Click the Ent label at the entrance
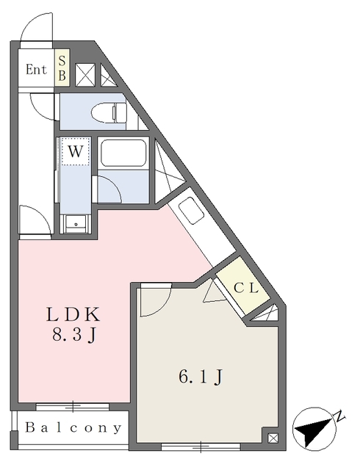(x=36, y=70)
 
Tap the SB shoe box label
(x=62, y=68)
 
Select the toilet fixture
(x=109, y=112)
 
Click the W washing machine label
(x=75, y=151)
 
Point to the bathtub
(x=123, y=153)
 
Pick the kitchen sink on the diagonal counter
(x=191, y=210)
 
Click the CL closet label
(x=246, y=289)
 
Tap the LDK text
(x=73, y=315)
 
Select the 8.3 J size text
(x=74, y=335)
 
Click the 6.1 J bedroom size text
(x=201, y=377)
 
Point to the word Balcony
(x=73, y=427)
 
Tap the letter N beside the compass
(x=339, y=416)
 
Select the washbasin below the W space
(x=76, y=224)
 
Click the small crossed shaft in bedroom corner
(x=273, y=438)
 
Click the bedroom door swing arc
(x=164, y=307)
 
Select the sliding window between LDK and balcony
(x=72, y=407)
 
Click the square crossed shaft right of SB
(x=85, y=75)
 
